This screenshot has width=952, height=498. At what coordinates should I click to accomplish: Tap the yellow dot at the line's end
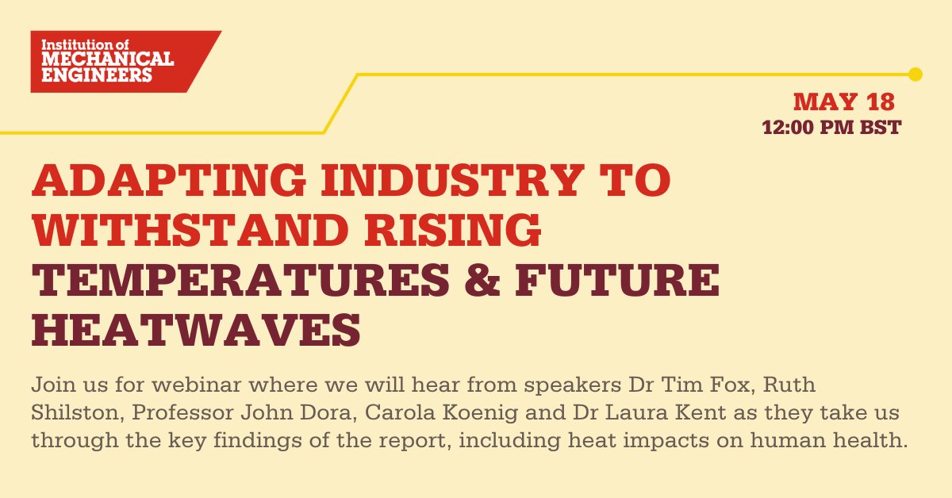pos(915,75)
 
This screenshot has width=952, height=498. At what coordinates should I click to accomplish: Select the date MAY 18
pos(844,102)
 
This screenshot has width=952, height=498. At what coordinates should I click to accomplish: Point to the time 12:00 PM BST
pos(831,127)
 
